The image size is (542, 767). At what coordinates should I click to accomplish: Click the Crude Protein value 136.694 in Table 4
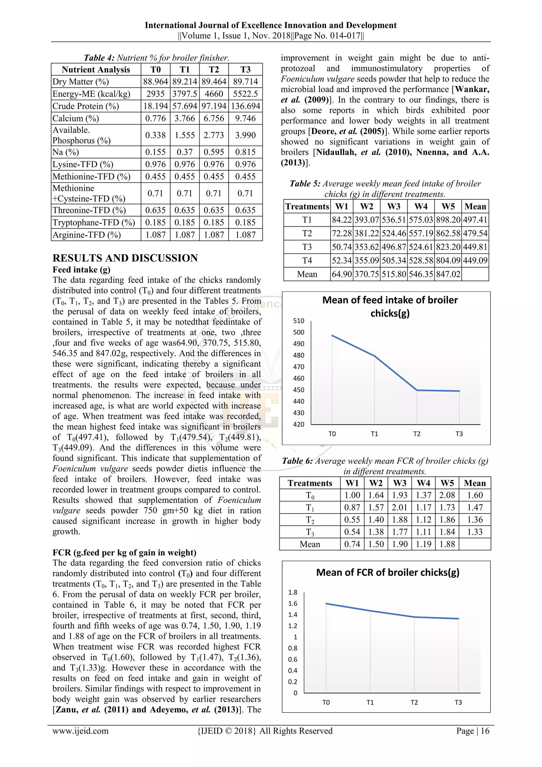pyautogui.click(x=245, y=106)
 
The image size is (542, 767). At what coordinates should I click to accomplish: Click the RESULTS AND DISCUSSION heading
pyautogui.click(x=125, y=258)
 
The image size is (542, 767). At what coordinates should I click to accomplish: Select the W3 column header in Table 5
pyautogui.click(x=394, y=206)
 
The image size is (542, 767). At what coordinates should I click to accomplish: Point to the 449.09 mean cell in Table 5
pyautogui.click(x=475, y=261)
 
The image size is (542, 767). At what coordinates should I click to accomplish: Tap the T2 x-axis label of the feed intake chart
pyautogui.click(x=417, y=434)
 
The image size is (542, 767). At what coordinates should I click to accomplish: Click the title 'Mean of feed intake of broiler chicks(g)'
pyautogui.click(x=390, y=307)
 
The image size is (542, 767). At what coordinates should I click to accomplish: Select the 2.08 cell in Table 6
pyautogui.click(x=447, y=496)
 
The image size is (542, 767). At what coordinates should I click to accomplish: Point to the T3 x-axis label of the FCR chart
pyautogui.click(x=458, y=703)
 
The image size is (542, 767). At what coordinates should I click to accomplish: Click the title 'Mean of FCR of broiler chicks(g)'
pyautogui.click(x=387, y=573)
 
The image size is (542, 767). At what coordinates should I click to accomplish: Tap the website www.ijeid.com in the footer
pyautogui.click(x=80, y=731)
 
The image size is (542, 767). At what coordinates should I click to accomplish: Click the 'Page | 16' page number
pyautogui.click(x=473, y=731)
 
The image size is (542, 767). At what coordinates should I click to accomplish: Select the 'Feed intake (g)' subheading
pyautogui.click(x=82, y=270)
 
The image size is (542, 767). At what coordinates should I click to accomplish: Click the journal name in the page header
pyautogui.click(x=271, y=25)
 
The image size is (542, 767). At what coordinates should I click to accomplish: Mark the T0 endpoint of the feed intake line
pyautogui.click(x=332, y=335)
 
